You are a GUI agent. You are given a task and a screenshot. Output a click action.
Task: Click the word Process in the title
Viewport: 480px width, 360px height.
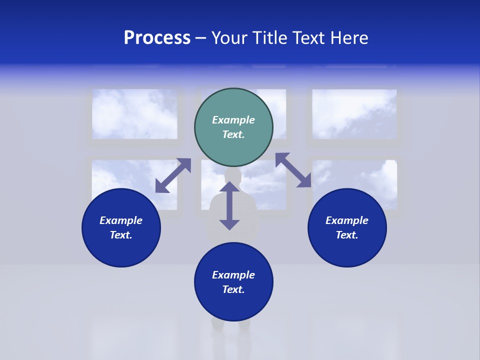157,38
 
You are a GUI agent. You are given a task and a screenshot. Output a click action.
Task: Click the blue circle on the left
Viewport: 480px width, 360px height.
121,227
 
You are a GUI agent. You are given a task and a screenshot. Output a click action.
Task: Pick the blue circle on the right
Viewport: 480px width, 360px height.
347,227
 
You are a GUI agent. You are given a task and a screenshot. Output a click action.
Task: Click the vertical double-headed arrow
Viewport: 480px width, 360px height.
229,205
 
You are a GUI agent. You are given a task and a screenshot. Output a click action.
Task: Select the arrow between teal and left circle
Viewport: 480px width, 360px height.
173,175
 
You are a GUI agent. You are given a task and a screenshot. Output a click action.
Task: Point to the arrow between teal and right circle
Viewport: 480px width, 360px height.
293,170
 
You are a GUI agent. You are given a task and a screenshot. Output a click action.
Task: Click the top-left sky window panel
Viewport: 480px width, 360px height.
134,114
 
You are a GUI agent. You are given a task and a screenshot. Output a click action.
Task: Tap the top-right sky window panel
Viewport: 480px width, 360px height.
354,114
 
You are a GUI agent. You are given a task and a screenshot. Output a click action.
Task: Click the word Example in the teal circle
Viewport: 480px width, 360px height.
233,120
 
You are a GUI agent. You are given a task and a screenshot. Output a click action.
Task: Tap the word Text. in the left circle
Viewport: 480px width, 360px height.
121,235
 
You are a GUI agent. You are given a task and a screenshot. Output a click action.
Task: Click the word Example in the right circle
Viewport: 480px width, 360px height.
347,220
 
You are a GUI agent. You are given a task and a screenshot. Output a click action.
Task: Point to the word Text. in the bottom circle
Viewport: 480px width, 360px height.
233,289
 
